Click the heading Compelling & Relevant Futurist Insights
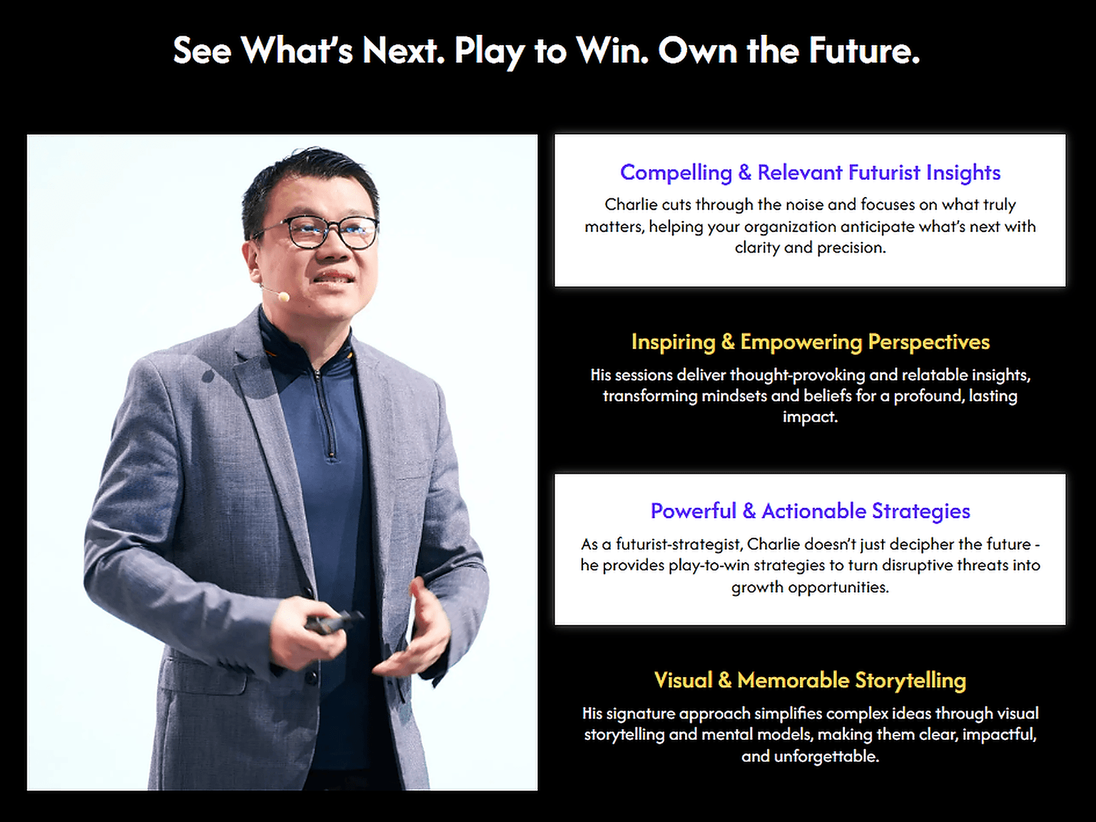pyautogui.click(x=810, y=173)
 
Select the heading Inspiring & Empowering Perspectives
pyautogui.click(x=810, y=342)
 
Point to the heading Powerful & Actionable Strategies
pyautogui.click(x=810, y=511)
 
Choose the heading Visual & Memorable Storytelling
pyautogui.click(x=810, y=681)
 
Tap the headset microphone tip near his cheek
pyautogui.click(x=283, y=297)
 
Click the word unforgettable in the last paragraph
pyautogui.click(x=826, y=756)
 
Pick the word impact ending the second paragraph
pyautogui.click(x=810, y=417)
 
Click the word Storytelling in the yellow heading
pyautogui.click(x=910, y=681)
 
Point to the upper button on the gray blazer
pyautogui.click(x=310, y=677)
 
